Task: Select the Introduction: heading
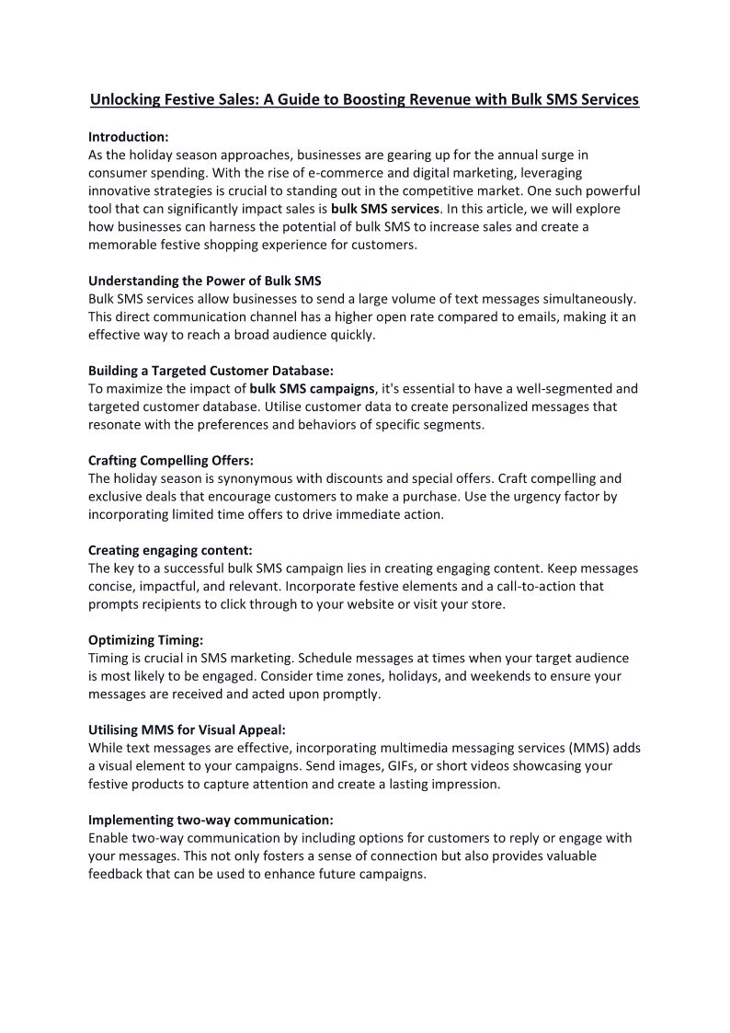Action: click(128, 136)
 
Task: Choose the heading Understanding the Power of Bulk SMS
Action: click(204, 281)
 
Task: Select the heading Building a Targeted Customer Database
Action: click(211, 371)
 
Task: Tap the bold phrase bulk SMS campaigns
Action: click(312, 388)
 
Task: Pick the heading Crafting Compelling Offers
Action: click(170, 460)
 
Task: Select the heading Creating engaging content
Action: click(170, 550)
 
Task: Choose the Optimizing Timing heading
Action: click(145, 639)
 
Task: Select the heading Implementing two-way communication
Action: click(211, 819)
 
